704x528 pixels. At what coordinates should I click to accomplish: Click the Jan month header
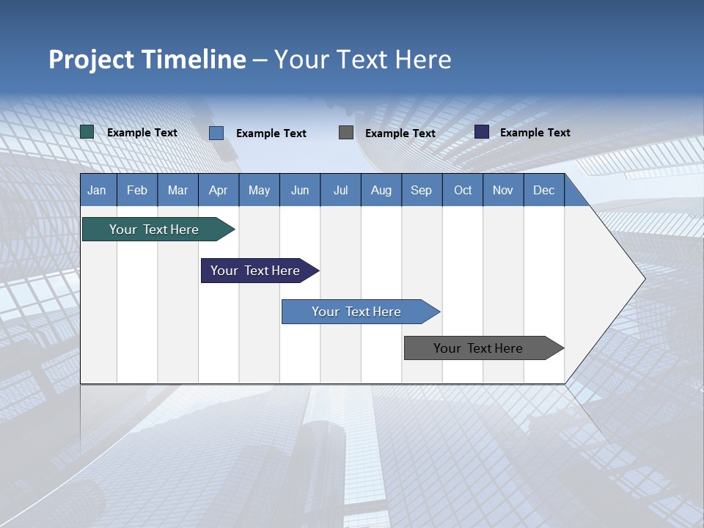[98, 190]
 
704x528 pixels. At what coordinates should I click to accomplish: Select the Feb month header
[137, 190]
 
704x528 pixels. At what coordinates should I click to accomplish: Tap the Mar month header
[177, 190]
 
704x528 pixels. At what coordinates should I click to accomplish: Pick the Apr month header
[219, 190]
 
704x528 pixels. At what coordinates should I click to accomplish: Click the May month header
[259, 190]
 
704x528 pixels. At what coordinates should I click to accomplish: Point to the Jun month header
[300, 190]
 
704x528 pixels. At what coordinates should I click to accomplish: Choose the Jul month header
[340, 190]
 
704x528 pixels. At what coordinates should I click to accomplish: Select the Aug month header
[381, 190]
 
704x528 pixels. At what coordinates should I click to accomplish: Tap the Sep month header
[422, 190]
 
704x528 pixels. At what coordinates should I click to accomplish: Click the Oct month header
[463, 190]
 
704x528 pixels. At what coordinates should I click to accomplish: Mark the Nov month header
[503, 190]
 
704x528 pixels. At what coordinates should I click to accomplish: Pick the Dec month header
[544, 190]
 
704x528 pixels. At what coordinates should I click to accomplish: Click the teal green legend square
[87, 132]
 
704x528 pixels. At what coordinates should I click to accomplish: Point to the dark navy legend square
[482, 132]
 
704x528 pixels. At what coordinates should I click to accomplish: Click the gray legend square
[346, 132]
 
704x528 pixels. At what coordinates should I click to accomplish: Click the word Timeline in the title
[193, 59]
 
